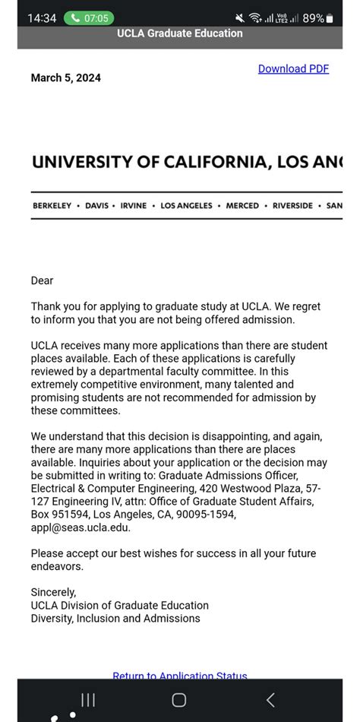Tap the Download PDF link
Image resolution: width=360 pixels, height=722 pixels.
tap(293, 68)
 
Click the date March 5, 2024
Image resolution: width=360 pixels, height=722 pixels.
tap(65, 78)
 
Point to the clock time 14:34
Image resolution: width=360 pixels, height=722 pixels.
tap(42, 17)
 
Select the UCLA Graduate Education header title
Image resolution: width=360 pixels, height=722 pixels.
tap(180, 33)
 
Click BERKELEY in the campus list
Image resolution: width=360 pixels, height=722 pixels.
tap(52, 206)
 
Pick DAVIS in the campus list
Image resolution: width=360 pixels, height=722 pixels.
tap(96, 206)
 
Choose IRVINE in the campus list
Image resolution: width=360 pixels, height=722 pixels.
tap(134, 206)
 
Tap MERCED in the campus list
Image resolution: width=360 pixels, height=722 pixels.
tap(242, 206)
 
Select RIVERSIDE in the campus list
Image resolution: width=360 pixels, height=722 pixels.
tap(292, 206)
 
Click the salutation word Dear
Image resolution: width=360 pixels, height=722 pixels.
tap(42, 280)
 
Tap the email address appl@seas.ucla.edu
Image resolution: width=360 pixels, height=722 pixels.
tap(81, 527)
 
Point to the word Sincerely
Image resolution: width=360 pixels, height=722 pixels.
tap(53, 591)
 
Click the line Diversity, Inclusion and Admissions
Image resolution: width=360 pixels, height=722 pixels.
tap(115, 618)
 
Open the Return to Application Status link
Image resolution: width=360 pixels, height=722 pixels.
tap(180, 676)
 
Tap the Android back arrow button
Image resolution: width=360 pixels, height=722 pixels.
tap(270, 700)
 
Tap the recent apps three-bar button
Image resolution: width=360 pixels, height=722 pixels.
tap(88, 700)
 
